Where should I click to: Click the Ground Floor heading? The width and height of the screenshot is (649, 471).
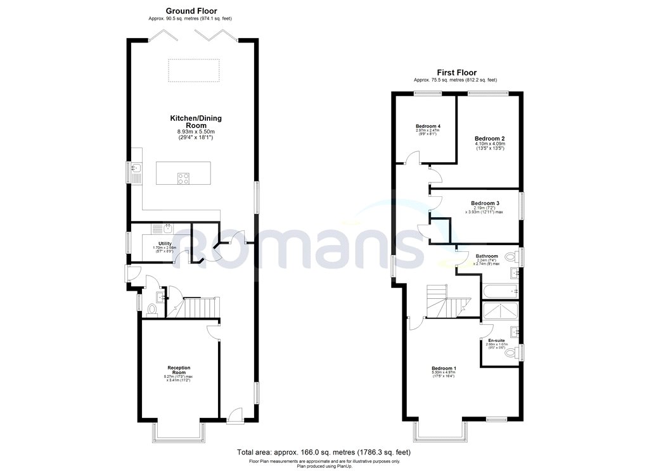click(191, 11)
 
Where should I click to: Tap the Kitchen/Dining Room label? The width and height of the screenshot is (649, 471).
click(195, 122)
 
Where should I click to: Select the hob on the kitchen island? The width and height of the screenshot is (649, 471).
click(183, 179)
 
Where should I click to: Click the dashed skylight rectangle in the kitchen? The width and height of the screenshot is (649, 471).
click(194, 70)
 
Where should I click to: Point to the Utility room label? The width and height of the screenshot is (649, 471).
click(155, 243)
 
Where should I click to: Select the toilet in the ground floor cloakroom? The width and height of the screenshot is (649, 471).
click(151, 310)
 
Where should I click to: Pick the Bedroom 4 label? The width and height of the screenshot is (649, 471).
click(428, 127)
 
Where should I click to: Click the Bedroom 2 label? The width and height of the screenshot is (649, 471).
click(489, 138)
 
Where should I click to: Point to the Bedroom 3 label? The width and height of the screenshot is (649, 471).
click(485, 203)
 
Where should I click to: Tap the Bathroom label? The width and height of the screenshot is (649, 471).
click(487, 256)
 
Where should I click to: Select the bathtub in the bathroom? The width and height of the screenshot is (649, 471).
click(500, 291)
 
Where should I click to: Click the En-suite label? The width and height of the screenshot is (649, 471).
click(496, 340)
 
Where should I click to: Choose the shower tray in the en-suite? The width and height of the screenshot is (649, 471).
click(500, 311)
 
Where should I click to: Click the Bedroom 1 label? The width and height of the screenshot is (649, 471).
click(444, 368)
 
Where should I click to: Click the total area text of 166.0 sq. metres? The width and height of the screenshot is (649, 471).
click(324, 453)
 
